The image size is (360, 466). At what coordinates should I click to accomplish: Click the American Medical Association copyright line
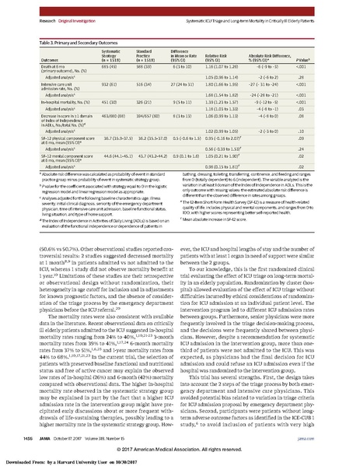[180, 449]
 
